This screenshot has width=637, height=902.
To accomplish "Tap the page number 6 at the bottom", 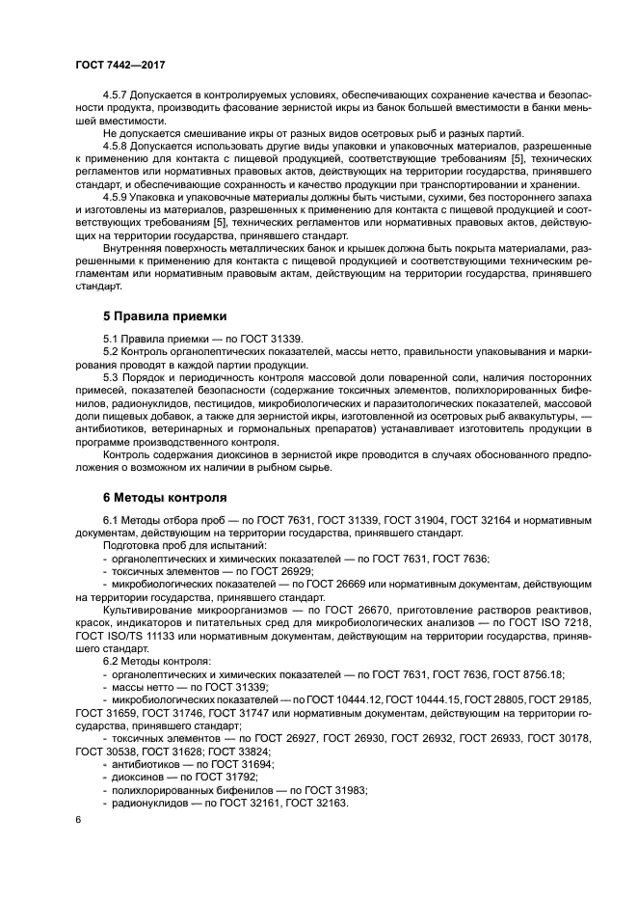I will [78, 820].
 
